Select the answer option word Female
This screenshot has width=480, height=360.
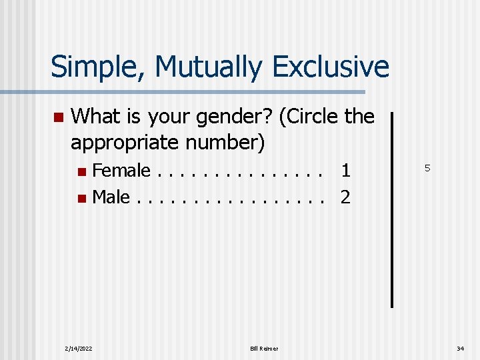point(121,171)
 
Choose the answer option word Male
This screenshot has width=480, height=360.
point(111,197)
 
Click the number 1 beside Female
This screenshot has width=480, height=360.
point(345,171)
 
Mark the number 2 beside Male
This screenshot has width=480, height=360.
point(345,197)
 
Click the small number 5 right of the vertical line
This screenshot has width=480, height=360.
point(427,169)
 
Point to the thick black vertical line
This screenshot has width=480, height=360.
point(391,209)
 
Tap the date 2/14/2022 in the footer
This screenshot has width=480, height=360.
point(78,348)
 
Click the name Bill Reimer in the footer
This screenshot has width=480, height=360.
point(265,348)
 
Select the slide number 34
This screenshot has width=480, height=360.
point(460,348)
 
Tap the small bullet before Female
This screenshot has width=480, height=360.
point(81,172)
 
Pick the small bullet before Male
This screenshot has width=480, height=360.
point(81,198)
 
